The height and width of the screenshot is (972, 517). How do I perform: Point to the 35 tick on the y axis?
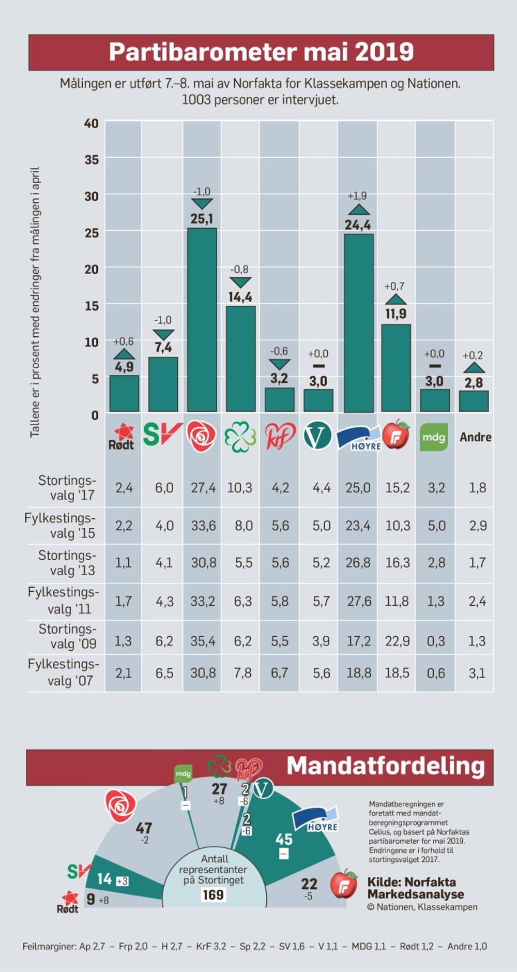point(92,159)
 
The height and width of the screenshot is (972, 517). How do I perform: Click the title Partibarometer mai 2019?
point(261,52)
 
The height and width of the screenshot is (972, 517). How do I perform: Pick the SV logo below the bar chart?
point(162,435)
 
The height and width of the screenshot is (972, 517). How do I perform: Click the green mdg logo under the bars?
point(434,437)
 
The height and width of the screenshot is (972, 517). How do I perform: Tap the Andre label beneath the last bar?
point(475,437)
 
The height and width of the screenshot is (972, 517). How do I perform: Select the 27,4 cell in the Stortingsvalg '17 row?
point(203,488)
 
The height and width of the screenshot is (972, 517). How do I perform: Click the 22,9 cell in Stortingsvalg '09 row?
point(397,641)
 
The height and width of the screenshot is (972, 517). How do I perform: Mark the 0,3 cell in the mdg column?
point(436,641)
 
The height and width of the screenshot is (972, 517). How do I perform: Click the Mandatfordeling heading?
point(386,766)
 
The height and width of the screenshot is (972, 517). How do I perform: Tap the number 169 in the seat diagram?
point(213,894)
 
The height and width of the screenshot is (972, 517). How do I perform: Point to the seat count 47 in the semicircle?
point(144,828)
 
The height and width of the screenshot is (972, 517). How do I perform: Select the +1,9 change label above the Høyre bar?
point(357,196)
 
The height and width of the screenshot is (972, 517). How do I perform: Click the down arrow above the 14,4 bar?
point(240,282)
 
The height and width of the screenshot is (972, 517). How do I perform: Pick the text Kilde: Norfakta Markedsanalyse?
point(415,888)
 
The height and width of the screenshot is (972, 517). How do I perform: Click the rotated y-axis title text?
point(35,302)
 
